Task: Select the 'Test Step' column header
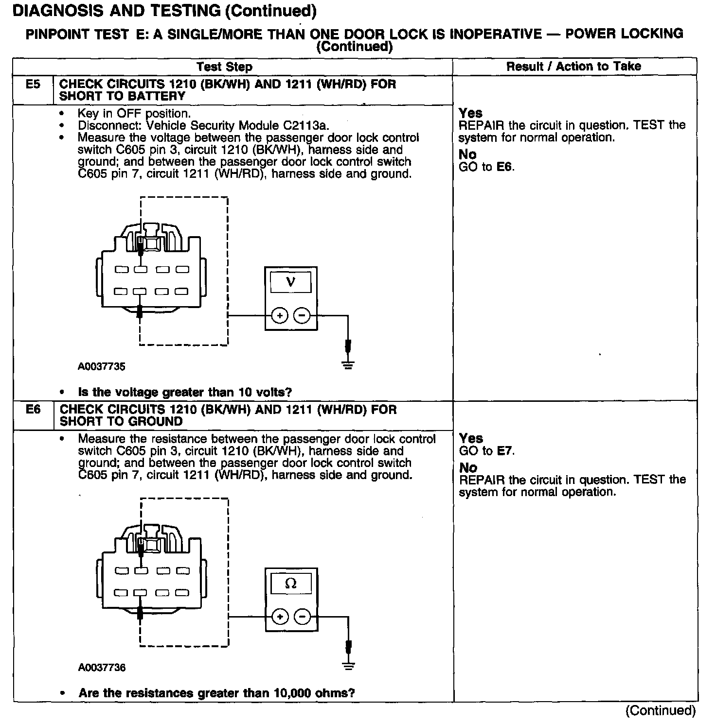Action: [224, 67]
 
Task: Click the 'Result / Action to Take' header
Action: [573, 67]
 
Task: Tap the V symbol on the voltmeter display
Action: [291, 282]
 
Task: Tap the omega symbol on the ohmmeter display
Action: [291, 583]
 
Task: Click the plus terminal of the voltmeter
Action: [280, 316]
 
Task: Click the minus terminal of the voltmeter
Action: [302, 316]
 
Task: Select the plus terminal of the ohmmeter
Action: [280, 617]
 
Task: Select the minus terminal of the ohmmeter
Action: [302, 617]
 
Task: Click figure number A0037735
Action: [101, 367]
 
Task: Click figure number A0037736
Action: [102, 668]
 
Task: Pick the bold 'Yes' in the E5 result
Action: [470, 113]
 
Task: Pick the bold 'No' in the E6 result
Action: [468, 468]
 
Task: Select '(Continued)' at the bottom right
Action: [661, 711]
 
